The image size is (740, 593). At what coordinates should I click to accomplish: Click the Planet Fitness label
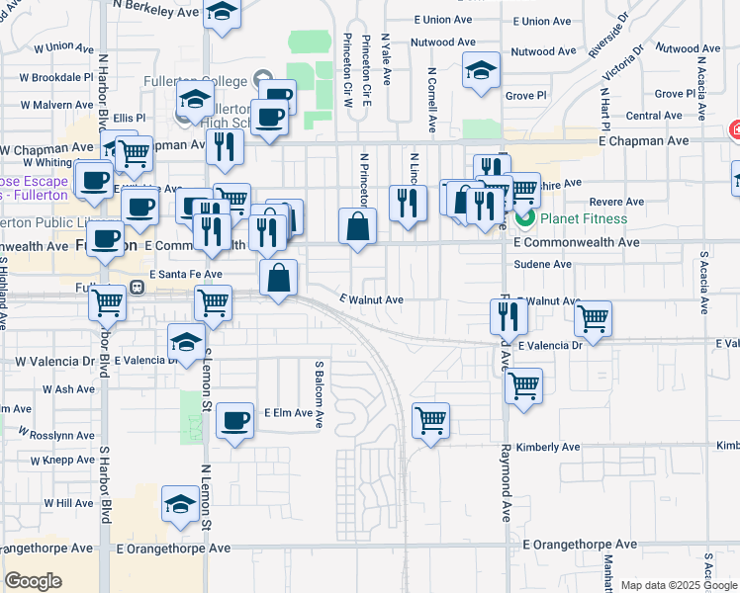point(583,218)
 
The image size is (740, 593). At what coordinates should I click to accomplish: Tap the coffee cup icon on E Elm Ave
point(234,421)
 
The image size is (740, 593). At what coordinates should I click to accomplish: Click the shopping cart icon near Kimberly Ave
point(431,421)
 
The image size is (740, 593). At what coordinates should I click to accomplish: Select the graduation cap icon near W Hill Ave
point(179,502)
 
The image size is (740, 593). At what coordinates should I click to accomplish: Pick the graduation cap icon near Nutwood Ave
point(481,71)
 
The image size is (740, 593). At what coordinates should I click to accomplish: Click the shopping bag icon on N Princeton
point(357,226)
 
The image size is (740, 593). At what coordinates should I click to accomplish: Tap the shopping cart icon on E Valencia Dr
point(593,318)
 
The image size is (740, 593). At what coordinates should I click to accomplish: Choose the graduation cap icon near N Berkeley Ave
point(223,13)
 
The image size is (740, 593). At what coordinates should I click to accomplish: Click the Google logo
point(33,581)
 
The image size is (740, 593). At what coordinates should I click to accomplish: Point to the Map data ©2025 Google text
point(678,585)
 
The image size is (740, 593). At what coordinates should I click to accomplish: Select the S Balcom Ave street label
point(320,395)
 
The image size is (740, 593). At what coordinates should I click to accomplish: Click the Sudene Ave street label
point(543,265)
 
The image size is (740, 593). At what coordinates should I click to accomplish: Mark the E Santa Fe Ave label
point(186,275)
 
